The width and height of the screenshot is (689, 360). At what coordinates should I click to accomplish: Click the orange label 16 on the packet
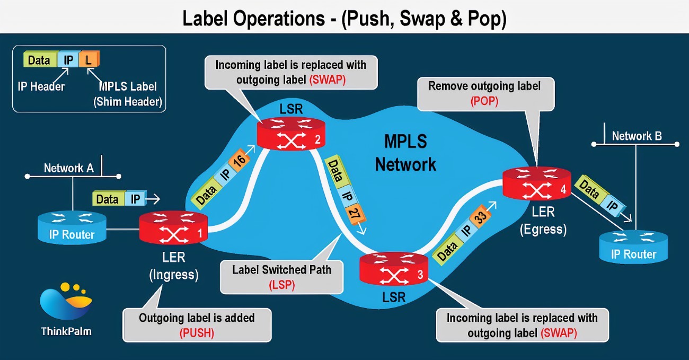pyautogui.click(x=238, y=161)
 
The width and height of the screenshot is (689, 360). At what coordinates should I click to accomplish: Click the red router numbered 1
pyautogui.click(x=173, y=229)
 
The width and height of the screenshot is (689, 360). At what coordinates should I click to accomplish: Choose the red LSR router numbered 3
pyautogui.click(x=394, y=269)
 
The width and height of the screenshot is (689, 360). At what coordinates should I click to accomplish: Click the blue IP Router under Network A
pyautogui.click(x=72, y=227)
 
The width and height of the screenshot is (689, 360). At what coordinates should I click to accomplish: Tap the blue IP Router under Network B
pyautogui.click(x=633, y=247)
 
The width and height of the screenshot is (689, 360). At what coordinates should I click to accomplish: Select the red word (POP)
pyautogui.click(x=484, y=101)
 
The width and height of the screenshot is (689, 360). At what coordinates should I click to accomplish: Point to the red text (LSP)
pyautogui.click(x=281, y=284)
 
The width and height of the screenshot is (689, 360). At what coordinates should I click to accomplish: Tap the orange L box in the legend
pyautogui.click(x=89, y=60)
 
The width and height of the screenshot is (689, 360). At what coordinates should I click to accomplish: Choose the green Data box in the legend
pyautogui.click(x=39, y=60)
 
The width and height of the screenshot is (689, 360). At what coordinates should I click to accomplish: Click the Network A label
pyautogui.click(x=69, y=168)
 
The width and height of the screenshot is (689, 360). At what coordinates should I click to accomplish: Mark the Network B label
pyautogui.click(x=637, y=136)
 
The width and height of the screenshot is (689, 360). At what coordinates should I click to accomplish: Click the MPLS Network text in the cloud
pyautogui.click(x=405, y=153)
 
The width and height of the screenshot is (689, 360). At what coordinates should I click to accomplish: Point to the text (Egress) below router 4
pyautogui.click(x=543, y=230)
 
